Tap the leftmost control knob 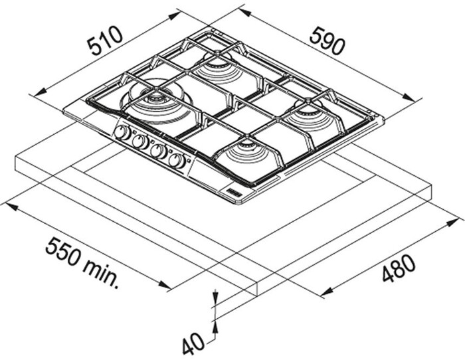coord(122,132)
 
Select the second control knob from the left coord(139,141)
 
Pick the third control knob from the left coord(157,151)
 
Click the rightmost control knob coord(176,160)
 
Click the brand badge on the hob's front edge coord(238,193)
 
